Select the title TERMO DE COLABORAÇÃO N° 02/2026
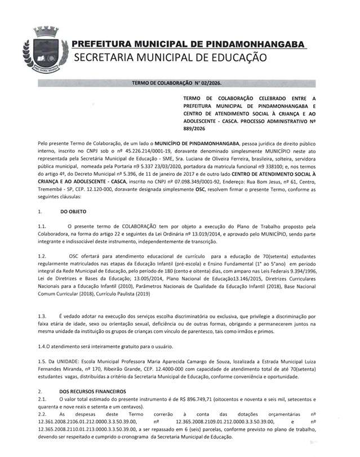click(x=176, y=83)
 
